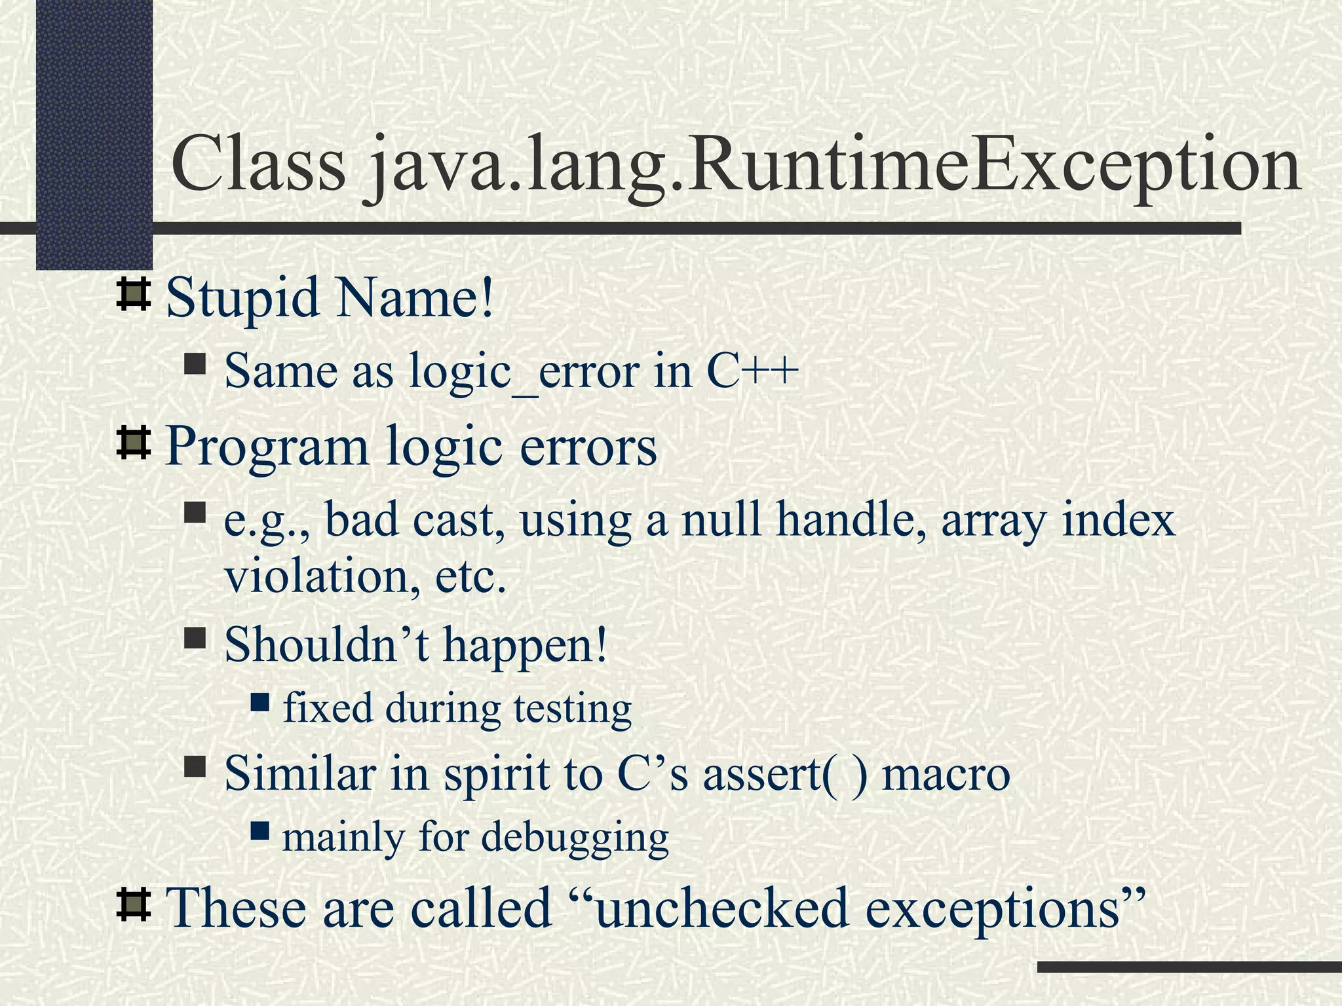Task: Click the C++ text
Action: [752, 371]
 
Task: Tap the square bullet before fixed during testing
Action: [260, 703]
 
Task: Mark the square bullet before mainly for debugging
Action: [260, 832]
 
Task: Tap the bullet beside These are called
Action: [133, 904]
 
